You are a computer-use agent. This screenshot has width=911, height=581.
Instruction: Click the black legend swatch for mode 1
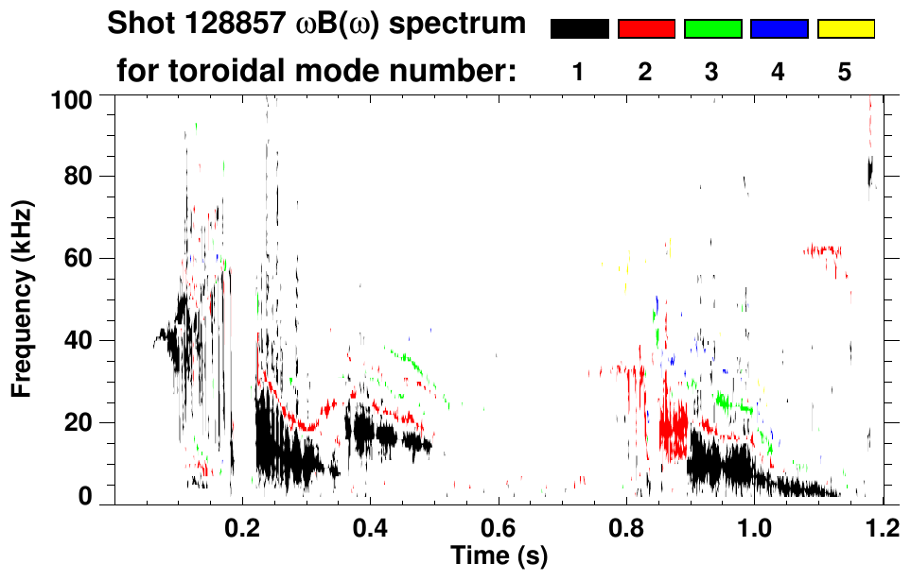click(x=579, y=29)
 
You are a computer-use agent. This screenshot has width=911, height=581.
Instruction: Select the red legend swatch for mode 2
click(x=646, y=29)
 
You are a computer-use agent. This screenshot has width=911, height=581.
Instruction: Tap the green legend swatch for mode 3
click(x=712, y=29)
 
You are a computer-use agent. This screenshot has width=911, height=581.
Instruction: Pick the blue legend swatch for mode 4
click(x=779, y=29)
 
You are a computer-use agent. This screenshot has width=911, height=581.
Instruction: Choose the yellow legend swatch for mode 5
click(x=845, y=29)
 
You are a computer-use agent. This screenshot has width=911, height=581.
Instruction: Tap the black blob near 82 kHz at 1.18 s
click(x=869, y=171)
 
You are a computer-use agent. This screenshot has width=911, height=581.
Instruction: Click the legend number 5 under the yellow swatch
click(x=845, y=72)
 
